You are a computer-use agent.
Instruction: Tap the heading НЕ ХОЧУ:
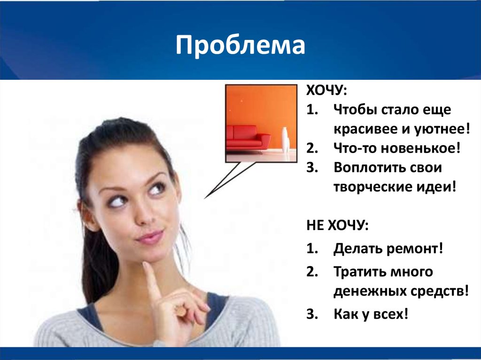click(337, 226)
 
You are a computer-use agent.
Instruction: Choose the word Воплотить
click(364, 168)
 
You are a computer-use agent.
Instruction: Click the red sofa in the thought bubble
click(248, 136)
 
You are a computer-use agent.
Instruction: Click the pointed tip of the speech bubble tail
click(204, 198)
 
